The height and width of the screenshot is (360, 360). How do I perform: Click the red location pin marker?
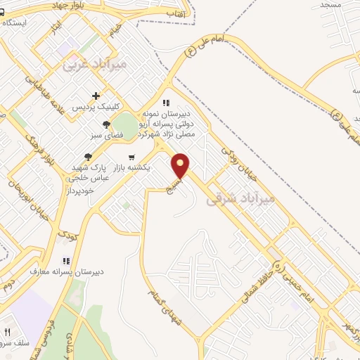pyautogui.click(x=181, y=166)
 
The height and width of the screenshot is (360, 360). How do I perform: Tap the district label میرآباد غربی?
pyautogui.click(x=95, y=65)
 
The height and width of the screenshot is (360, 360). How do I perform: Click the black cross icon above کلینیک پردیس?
pyautogui.click(x=96, y=96)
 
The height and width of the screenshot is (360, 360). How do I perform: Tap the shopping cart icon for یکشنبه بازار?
pyautogui.click(x=131, y=157)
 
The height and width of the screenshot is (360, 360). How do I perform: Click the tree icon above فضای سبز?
pyautogui.click(x=106, y=124)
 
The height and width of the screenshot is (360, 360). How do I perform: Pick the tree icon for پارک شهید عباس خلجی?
pyautogui.click(x=88, y=157)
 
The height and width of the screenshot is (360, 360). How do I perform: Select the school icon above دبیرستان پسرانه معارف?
pyautogui.click(x=67, y=260)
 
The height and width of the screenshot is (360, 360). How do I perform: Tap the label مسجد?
pyautogui.click(x=330, y=5)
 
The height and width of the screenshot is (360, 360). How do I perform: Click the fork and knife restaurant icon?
pyautogui.click(x=7, y=332)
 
